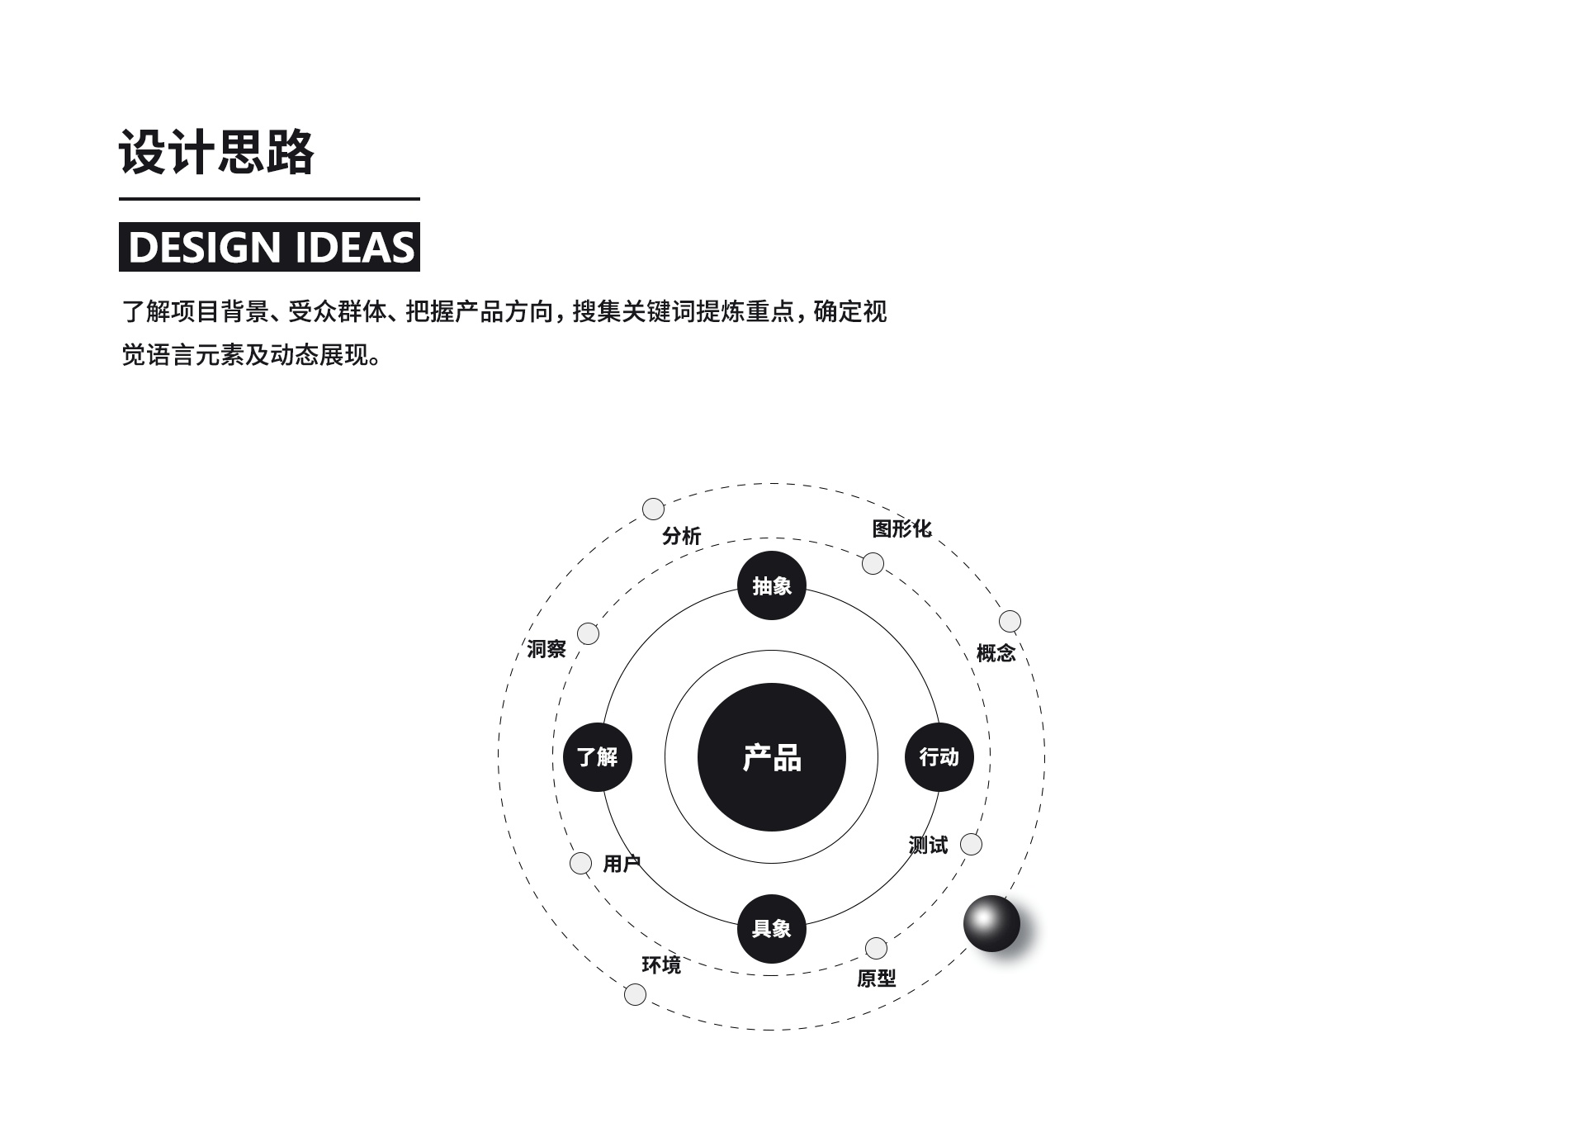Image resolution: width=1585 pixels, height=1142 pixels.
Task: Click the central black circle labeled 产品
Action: (x=771, y=757)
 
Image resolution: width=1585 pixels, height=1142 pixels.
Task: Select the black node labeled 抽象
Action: (x=771, y=585)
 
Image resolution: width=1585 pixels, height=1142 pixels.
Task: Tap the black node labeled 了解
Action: (x=597, y=756)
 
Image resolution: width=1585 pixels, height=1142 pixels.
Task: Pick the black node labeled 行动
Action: (x=939, y=756)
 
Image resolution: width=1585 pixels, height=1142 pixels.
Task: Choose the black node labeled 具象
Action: (x=771, y=928)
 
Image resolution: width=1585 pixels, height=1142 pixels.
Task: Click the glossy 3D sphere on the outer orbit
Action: (x=991, y=922)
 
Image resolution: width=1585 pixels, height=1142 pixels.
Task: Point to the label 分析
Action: (x=681, y=536)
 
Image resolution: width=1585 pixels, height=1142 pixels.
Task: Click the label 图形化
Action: (x=901, y=528)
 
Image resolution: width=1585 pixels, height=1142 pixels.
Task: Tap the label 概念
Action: (x=996, y=653)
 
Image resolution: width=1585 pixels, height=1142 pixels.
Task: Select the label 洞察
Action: (x=546, y=649)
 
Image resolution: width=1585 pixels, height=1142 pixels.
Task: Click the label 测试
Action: (x=928, y=845)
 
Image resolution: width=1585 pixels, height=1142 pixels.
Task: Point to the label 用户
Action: (x=622, y=864)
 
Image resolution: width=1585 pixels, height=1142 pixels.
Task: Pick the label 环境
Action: (x=661, y=964)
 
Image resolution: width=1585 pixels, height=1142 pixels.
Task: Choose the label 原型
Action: (x=876, y=979)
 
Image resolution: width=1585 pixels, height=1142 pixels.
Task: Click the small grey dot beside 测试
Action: (x=972, y=844)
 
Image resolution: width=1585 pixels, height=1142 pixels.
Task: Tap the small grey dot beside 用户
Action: (x=581, y=863)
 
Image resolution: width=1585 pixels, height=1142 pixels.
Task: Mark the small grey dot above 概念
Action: (x=1010, y=621)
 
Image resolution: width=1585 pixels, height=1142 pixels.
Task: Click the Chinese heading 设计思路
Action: (x=216, y=152)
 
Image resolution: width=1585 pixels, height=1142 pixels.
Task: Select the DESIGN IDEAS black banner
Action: (x=269, y=247)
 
